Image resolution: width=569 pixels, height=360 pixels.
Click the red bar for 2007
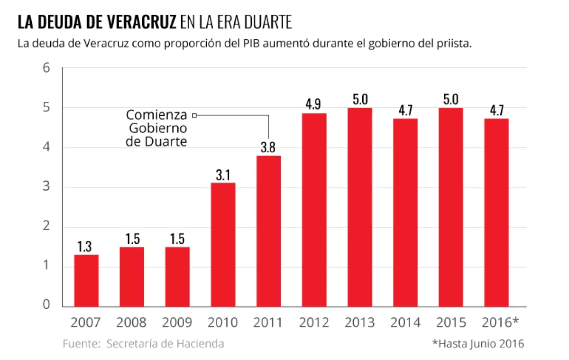pos(86,280)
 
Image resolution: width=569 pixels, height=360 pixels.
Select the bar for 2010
pos(223,244)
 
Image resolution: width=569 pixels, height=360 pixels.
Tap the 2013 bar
pos(359,207)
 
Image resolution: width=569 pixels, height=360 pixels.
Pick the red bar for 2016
pos(496,212)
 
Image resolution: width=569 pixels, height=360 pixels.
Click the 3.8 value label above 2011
pos(268,148)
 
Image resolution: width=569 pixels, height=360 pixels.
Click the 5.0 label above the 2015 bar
pos(450,100)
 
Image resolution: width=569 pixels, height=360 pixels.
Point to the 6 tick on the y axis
pos(46,68)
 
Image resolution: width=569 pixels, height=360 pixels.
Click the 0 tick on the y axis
pos(46,305)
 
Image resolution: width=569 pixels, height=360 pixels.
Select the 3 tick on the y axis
pos(46,187)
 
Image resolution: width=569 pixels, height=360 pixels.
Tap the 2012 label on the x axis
pos(314,323)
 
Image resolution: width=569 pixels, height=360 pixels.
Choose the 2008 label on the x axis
pos(131,323)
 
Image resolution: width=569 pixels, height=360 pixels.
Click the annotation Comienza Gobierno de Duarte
pos(157,128)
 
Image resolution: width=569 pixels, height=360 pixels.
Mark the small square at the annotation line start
pos(194,115)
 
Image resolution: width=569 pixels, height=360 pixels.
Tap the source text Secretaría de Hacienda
pos(165,343)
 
